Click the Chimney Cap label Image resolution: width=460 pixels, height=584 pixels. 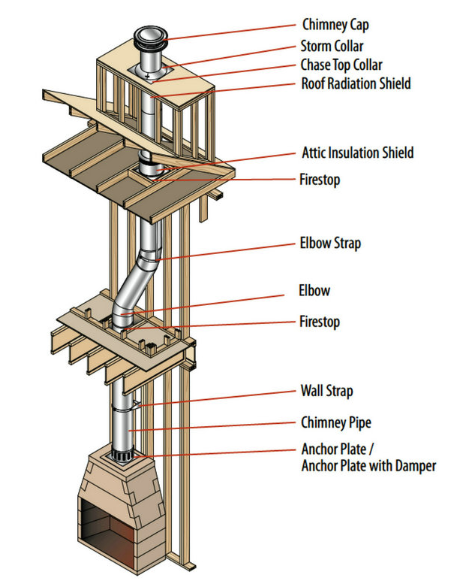[335, 26]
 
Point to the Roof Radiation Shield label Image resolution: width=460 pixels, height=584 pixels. [356, 83]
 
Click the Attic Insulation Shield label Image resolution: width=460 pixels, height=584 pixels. [357, 153]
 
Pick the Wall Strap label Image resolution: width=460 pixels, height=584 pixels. [326, 391]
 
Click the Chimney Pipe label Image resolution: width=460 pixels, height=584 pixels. [335, 422]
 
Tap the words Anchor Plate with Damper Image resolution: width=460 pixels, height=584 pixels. [368, 466]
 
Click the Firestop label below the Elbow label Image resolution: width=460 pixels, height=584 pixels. [319, 322]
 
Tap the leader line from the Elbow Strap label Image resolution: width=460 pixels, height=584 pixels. [225, 252]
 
